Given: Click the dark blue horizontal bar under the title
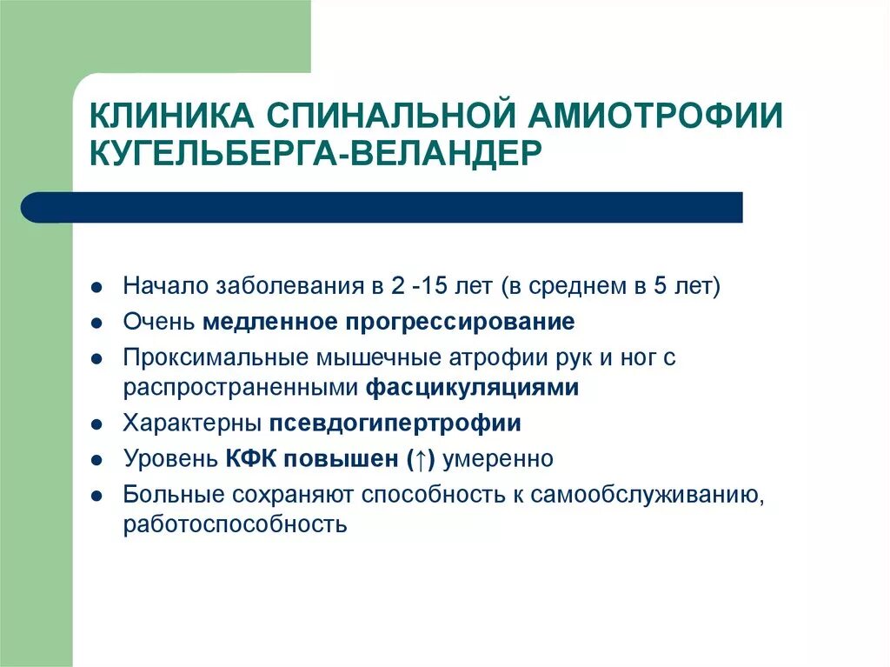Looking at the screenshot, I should point(382,207).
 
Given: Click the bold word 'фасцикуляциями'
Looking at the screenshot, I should point(472,388).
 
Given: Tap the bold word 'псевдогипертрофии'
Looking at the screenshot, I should point(395,424).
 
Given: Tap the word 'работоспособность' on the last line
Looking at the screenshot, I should point(236,525).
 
